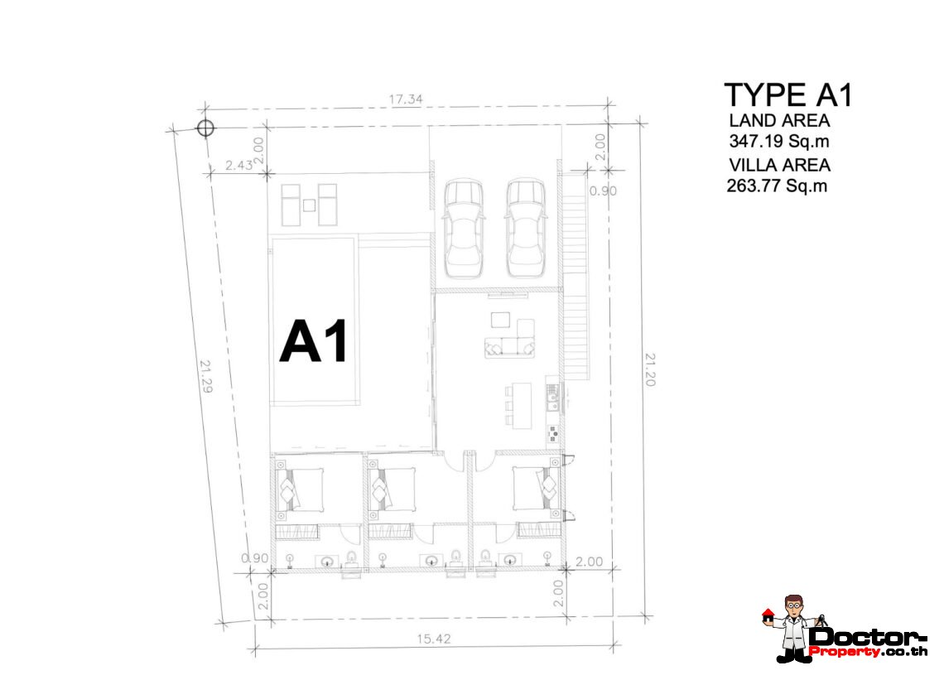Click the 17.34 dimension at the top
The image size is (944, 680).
click(406, 99)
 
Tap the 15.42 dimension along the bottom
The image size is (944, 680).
click(433, 639)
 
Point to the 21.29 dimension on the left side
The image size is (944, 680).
click(206, 376)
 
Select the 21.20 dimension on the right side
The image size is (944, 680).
click(649, 369)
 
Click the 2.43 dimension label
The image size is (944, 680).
click(239, 165)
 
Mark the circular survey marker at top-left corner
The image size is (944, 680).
click(205, 128)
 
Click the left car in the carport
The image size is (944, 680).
click(463, 228)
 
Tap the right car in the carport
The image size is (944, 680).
click(526, 228)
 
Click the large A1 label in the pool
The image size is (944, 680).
click(314, 341)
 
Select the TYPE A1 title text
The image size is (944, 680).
click(788, 95)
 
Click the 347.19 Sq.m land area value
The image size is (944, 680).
click(778, 141)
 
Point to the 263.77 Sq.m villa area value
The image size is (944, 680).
click(777, 186)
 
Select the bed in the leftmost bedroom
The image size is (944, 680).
click(300, 490)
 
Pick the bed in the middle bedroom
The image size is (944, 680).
click(392, 490)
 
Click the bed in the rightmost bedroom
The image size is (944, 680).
click(536, 488)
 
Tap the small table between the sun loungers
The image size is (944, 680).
click(309, 205)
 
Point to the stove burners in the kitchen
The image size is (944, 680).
click(552, 433)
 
